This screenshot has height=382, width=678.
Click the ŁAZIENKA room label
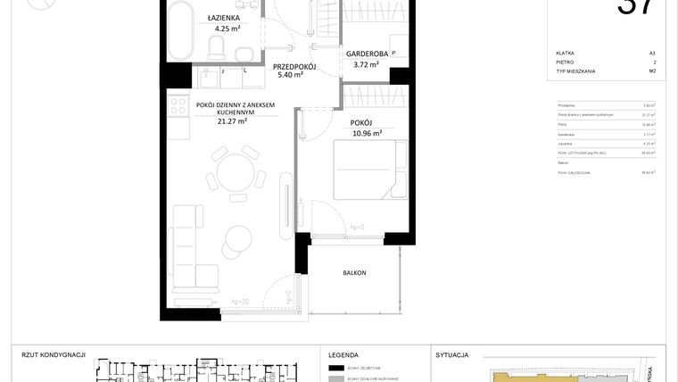coord(221,17)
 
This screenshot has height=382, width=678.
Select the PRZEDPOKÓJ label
coord(295,66)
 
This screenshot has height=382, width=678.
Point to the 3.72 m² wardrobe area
coord(365,64)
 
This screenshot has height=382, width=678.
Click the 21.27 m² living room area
coord(232,122)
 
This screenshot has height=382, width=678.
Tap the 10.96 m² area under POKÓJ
coord(367,133)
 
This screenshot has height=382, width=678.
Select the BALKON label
coord(354,273)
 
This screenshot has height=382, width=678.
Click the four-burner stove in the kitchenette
coord(175,106)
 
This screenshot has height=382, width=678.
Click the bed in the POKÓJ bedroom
coord(360,170)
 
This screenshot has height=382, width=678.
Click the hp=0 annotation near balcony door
coord(358,227)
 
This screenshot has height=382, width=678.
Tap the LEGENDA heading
coord(343,354)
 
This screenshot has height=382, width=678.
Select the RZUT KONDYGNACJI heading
coord(53,354)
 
